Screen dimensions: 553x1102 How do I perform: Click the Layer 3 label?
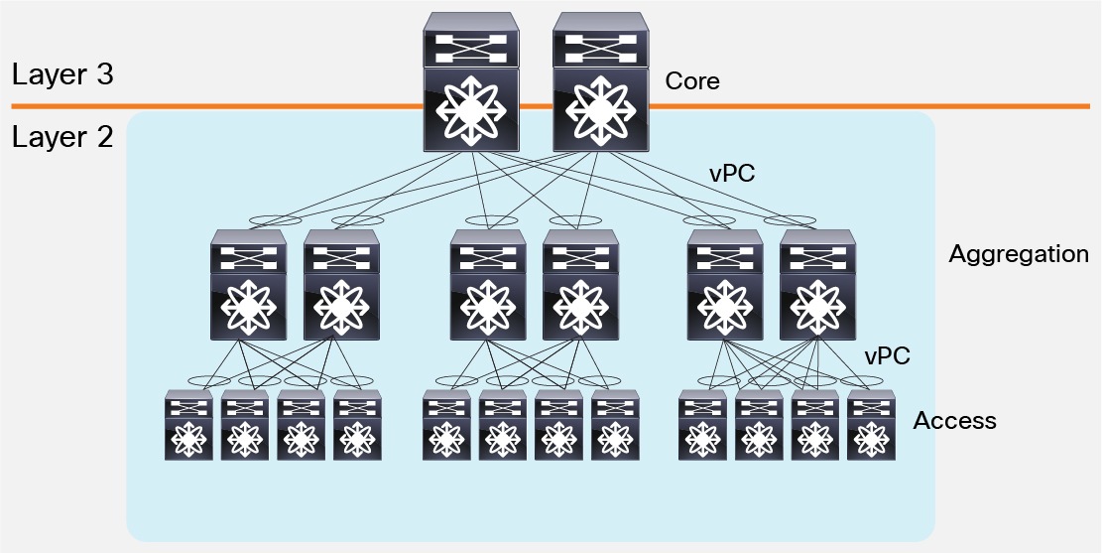pyautogui.click(x=61, y=75)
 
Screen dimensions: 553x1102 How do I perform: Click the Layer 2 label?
pyautogui.click(x=61, y=137)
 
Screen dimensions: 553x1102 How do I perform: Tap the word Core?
pyautogui.click(x=692, y=81)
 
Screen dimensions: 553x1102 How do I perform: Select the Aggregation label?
pyautogui.click(x=1018, y=254)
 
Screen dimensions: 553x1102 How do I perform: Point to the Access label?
pyautogui.click(x=954, y=421)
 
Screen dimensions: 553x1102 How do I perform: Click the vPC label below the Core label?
pyautogui.click(x=732, y=173)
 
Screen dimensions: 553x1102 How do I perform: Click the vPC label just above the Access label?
pyautogui.click(x=887, y=355)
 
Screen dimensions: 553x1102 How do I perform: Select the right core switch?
pyautogui.click(x=599, y=83)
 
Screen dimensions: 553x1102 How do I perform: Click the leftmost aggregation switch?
pyautogui.click(x=248, y=286)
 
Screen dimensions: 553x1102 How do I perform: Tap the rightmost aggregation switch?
pyautogui.click(x=818, y=286)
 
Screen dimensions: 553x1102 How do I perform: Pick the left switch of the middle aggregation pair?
pyautogui.click(x=487, y=286)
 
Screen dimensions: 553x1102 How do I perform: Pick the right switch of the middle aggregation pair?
pyautogui.click(x=580, y=286)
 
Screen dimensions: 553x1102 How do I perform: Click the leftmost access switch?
pyautogui.click(x=189, y=425)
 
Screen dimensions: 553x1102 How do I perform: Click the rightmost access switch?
pyautogui.click(x=871, y=425)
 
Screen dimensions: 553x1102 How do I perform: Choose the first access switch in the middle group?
pyautogui.click(x=446, y=425)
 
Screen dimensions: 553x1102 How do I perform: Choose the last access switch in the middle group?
pyautogui.click(x=615, y=425)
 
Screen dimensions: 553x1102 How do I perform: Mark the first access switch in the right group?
pyautogui.click(x=702, y=425)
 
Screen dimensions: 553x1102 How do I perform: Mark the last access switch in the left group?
pyautogui.click(x=357, y=425)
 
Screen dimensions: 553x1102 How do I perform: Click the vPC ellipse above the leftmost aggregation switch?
pyautogui.click(x=277, y=220)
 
